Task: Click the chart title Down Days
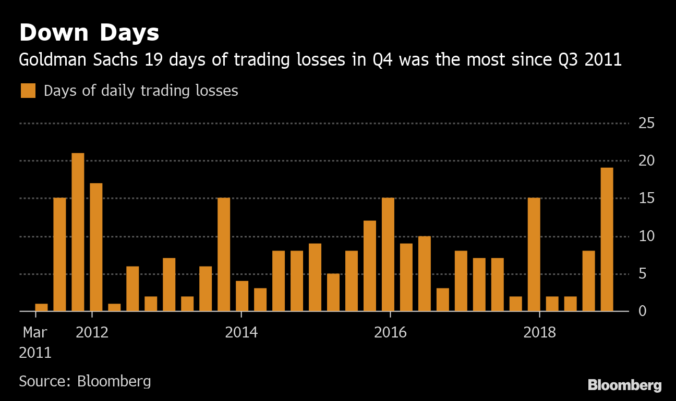89,33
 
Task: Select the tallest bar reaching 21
78,232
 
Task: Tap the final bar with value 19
607,239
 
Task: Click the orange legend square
28,91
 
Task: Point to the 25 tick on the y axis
646,123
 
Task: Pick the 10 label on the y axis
646,236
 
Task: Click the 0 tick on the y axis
643,311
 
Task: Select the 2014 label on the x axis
241,332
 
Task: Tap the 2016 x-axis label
390,332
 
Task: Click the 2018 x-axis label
539,332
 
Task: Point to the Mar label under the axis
35,332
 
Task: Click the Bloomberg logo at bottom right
624,385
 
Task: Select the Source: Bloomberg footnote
85,381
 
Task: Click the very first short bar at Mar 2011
41,307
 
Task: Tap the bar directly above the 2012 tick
96,247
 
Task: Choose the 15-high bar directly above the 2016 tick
388,254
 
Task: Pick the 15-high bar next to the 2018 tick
534,254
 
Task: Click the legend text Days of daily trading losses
141,91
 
